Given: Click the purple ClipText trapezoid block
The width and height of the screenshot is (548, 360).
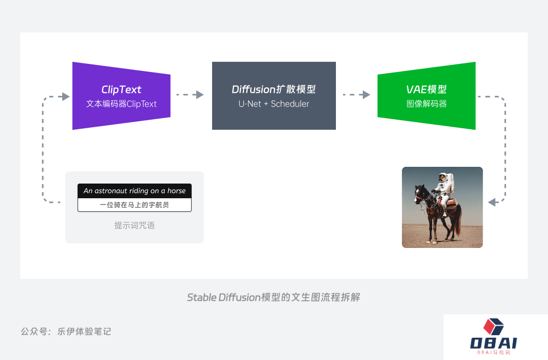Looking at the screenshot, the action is [121, 96].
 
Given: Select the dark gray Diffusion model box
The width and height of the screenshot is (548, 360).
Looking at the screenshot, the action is [274, 96].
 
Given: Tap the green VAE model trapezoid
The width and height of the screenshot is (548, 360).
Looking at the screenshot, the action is [426, 96].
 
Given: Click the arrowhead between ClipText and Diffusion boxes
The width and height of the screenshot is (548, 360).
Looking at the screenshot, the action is [200, 95].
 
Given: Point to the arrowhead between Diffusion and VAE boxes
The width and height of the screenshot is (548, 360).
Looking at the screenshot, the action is [366, 95].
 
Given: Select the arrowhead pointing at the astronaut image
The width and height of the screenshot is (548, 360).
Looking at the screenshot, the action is [492, 202].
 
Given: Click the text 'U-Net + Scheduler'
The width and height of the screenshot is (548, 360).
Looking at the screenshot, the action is [273, 104].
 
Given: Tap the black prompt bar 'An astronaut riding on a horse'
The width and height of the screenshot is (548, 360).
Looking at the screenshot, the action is [134, 191].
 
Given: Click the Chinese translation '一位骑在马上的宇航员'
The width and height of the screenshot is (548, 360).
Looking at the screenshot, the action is [134, 205].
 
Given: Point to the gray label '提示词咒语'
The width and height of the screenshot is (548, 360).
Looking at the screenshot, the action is [134, 225].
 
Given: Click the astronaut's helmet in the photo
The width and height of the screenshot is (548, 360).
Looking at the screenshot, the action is [443, 177].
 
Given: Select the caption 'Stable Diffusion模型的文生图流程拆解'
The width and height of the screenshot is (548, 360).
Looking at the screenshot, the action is [273, 297].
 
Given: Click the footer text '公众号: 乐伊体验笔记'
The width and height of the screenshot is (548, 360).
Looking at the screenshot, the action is [66, 332].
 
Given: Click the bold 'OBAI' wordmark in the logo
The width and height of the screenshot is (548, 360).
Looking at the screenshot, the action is [494, 343].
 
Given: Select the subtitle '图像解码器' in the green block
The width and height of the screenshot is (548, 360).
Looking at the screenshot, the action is [426, 104].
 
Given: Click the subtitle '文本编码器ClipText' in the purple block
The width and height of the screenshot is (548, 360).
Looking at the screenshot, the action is [121, 104].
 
